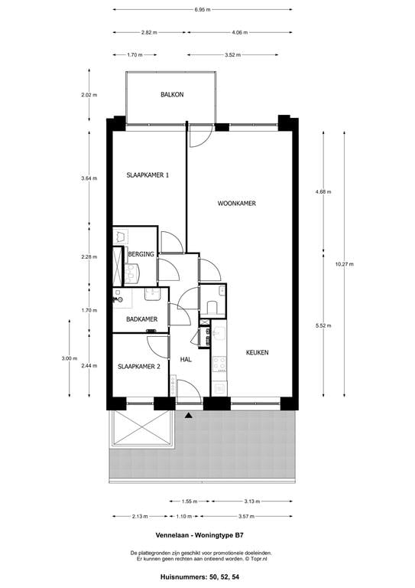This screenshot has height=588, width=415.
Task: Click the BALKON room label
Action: tap(172, 94)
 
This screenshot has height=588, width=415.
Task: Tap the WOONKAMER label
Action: tap(237, 203)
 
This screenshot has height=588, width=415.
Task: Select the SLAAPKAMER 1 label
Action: tap(148, 175)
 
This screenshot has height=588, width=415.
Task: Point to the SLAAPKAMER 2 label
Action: tap(139, 367)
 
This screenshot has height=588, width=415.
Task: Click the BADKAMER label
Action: tap(142, 319)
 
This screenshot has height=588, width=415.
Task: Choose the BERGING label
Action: tap(141, 254)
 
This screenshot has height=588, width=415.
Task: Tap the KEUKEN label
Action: tap(257, 352)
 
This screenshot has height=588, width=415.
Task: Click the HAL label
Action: tap(186, 359)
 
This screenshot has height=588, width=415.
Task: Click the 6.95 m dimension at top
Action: tap(203, 9)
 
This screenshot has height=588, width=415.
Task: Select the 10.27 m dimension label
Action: tap(344, 264)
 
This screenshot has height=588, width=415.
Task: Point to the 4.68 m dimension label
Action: tap(324, 191)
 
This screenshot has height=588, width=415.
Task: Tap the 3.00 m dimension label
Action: tap(70, 358)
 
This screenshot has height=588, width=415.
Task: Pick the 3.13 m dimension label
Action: tap(252, 501)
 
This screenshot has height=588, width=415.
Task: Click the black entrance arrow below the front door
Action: tap(189, 415)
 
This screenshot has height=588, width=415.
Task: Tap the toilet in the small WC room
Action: tap(212, 307)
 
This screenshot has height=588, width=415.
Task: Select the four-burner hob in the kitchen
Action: tap(219, 364)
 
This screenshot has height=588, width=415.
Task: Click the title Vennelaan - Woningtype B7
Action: tap(199, 535)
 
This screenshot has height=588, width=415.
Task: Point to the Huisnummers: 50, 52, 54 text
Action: tap(199, 577)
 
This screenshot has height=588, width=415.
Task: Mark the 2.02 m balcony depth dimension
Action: tap(89, 95)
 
